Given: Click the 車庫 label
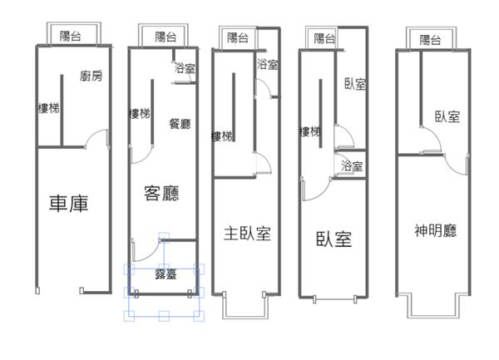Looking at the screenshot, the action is pyautogui.click(x=69, y=204).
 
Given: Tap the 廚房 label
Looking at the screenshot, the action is pyautogui.click(x=91, y=76).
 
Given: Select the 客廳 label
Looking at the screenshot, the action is pyautogui.click(x=161, y=193).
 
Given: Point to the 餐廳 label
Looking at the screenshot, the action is pyautogui.click(x=180, y=123).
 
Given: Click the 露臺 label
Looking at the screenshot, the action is pyautogui.click(x=166, y=274).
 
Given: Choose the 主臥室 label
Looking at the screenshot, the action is pyautogui.click(x=247, y=234).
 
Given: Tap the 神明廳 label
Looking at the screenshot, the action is pyautogui.click(x=435, y=230).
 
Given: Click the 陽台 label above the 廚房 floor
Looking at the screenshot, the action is pyautogui.click(x=71, y=36).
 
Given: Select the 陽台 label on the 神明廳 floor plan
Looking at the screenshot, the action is pyautogui.click(x=430, y=40).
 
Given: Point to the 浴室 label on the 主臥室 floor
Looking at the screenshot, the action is pyautogui.click(x=268, y=64).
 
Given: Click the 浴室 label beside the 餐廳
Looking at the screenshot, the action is pyautogui.click(x=185, y=67).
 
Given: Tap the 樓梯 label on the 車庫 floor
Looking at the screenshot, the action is pyautogui.click(x=48, y=108).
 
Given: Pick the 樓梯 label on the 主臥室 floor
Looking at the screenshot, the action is pyautogui.click(x=222, y=136).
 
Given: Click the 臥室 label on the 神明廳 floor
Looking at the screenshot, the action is pyautogui.click(x=447, y=116).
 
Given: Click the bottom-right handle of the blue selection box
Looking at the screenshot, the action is pyautogui.click(x=199, y=316).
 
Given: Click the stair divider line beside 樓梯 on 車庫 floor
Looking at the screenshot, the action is pyautogui.click(x=62, y=111).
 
